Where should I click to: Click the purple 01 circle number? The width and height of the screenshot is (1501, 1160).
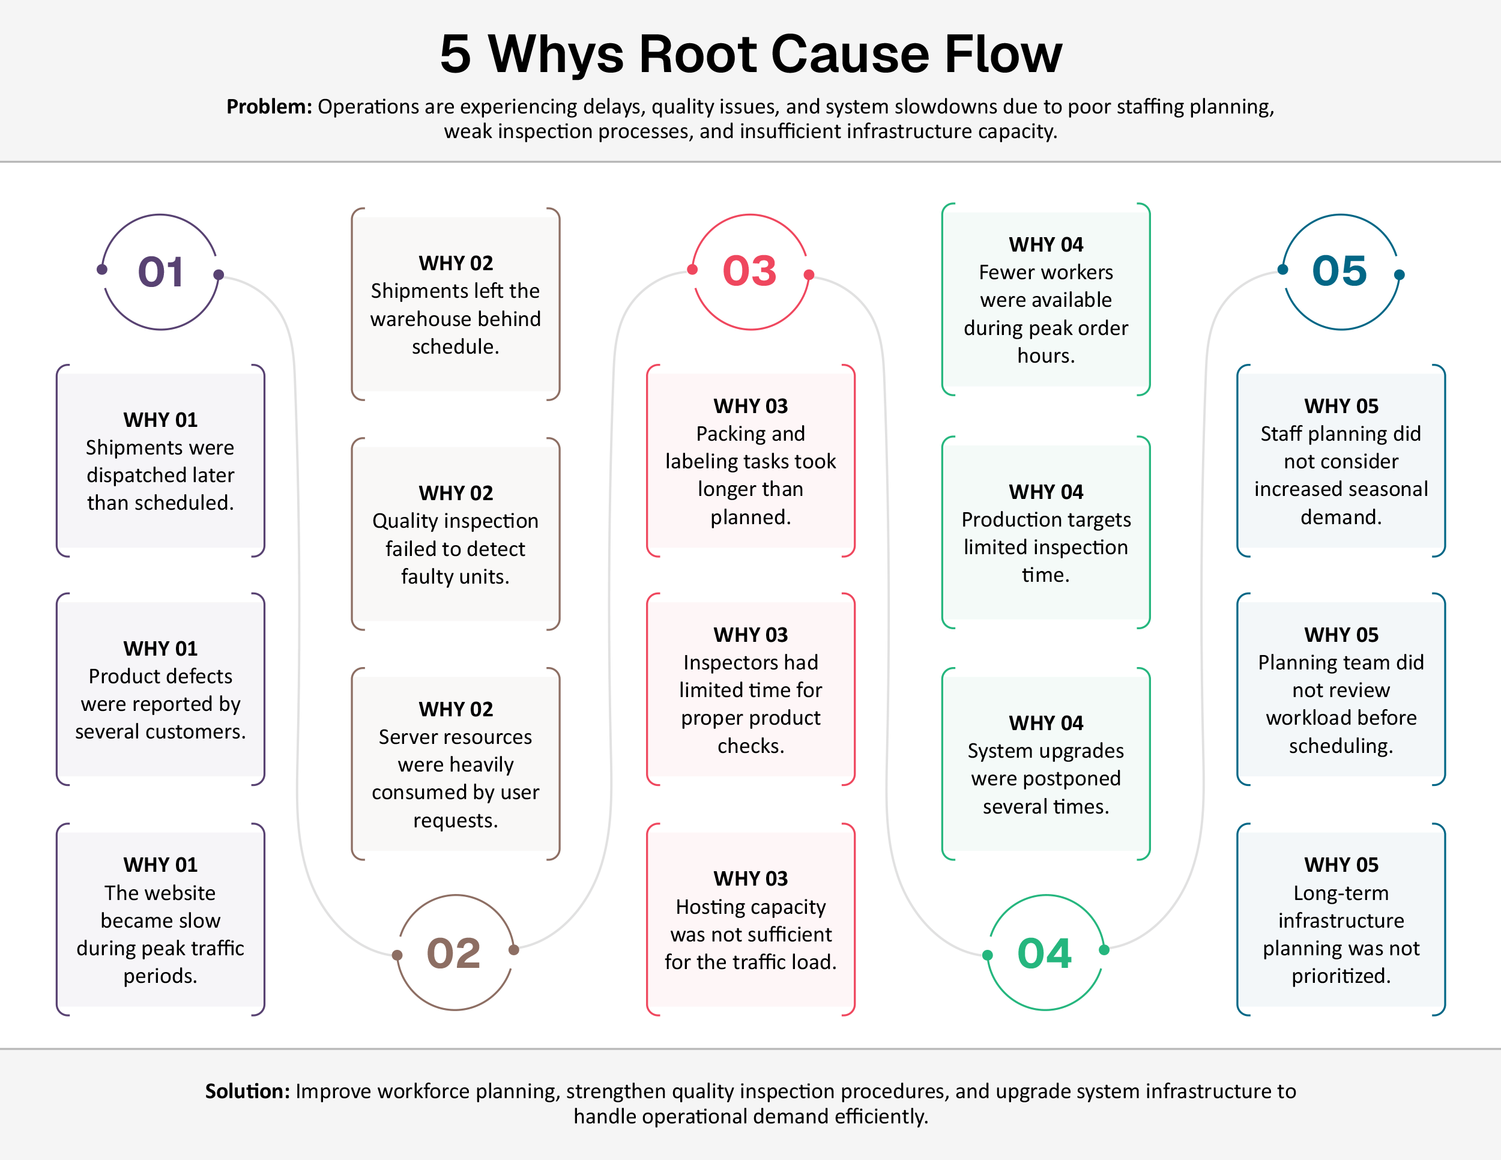(160, 271)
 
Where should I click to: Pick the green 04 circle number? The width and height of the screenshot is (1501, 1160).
(1045, 953)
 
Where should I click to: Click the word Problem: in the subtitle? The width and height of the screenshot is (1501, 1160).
(269, 106)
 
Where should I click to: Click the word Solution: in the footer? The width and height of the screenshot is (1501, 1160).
(247, 1092)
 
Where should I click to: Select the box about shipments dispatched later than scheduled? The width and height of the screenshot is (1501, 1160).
(160, 461)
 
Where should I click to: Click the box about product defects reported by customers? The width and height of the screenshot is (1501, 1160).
(160, 690)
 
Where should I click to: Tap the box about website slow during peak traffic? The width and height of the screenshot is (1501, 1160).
(160, 919)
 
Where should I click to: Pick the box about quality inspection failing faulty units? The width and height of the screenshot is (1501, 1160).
(455, 534)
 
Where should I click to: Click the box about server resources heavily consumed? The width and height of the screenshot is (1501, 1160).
(455, 764)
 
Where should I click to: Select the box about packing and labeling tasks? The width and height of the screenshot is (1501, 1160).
(750, 461)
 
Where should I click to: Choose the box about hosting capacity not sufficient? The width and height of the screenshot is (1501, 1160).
(750, 919)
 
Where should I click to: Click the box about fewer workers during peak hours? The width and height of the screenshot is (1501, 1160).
(1045, 300)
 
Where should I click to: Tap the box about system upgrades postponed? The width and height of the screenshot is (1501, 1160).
(1045, 764)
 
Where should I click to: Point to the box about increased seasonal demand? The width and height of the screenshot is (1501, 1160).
(1341, 461)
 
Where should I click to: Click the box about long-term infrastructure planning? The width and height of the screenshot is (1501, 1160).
(1341, 919)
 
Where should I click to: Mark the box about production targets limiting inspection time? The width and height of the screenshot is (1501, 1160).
(1045, 533)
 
